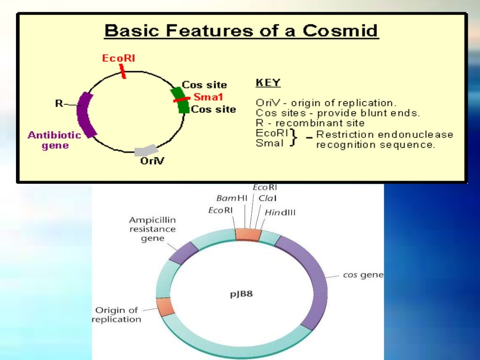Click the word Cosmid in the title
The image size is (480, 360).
[x=340, y=31]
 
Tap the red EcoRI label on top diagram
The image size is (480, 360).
[x=119, y=59]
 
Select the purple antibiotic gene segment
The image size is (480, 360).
[x=87, y=114]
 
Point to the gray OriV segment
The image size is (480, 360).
[x=145, y=150]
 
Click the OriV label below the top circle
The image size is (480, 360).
[x=152, y=162]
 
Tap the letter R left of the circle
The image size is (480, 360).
[x=59, y=104]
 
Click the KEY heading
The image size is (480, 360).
[x=268, y=83]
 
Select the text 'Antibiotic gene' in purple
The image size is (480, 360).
[x=54, y=140]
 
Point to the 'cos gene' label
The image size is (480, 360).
[x=363, y=275]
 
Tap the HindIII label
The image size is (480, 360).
[x=280, y=212]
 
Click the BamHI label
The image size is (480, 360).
[x=232, y=198]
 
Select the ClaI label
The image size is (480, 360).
[x=267, y=198]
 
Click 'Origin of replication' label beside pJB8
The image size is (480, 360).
[x=116, y=315]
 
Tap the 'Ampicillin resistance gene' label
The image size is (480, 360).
[x=152, y=229]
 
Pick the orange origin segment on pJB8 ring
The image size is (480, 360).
[x=165, y=307]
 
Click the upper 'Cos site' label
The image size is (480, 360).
[x=204, y=85]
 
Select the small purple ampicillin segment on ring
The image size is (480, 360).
[x=183, y=253]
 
